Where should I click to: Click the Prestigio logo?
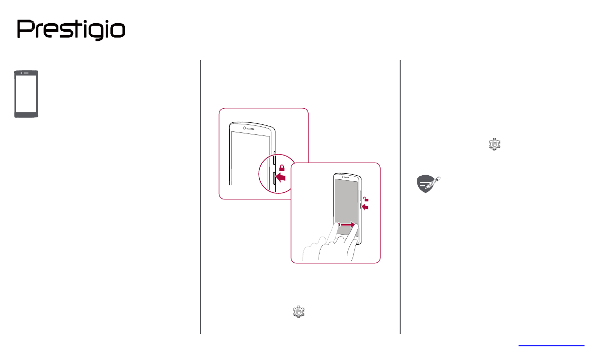point(71,30)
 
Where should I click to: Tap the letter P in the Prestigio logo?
point(25,30)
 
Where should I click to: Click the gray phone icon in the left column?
point(26,94)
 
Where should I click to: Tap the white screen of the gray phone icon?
point(26,94)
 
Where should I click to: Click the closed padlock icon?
point(282,167)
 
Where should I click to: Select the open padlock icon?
point(366,199)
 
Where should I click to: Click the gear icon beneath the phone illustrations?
point(299,312)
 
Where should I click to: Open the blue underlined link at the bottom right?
point(551,345)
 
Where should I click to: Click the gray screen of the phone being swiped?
point(347,201)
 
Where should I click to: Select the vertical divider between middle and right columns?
point(400,196)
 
